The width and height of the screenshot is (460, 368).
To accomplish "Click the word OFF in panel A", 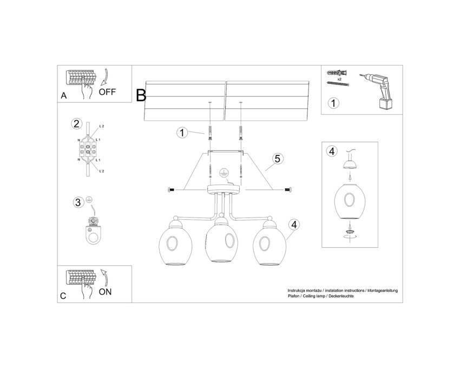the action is pos(107,92).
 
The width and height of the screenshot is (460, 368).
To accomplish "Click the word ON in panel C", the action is pos(105,292).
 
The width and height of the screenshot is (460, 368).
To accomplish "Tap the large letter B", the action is pos(141,95).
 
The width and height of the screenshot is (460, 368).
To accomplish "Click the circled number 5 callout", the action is pos(278,159).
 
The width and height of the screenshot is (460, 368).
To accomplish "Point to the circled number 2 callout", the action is pos(76,123).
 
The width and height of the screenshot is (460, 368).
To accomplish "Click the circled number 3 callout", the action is pos(78,202).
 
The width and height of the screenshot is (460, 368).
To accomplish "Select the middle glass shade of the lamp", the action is pos(221,241).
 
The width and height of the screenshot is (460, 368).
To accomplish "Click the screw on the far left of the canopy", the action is pos(171,190).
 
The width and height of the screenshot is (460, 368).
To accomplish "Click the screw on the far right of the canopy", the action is pos(288,190).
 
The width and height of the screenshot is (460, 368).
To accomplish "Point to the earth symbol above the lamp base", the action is pos(224,173).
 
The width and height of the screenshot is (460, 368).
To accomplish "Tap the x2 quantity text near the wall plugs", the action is pos(339,79).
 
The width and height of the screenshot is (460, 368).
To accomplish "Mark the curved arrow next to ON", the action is pos(105,277).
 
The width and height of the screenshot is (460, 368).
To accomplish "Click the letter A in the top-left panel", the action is pos(64,96).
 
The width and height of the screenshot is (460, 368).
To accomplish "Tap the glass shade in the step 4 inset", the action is pos(350,201).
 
